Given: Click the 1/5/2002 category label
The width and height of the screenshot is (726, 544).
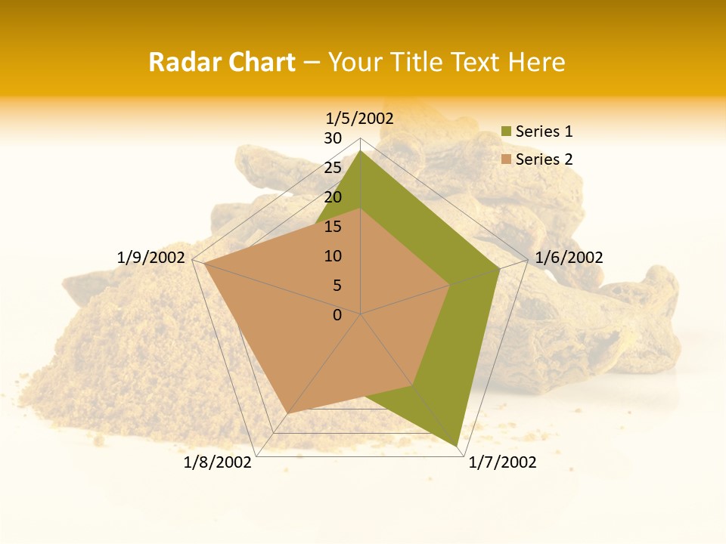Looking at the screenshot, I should pos(360,118).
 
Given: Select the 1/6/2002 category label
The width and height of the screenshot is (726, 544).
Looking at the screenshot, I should pos(569,258).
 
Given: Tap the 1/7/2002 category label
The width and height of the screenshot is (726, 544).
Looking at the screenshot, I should pos(502,462).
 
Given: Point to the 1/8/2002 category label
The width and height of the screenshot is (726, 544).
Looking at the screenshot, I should pos(218,462).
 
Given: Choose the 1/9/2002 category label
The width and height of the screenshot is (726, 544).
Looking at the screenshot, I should pos(151,258).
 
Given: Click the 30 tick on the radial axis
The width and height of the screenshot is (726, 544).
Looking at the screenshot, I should pos(332,138).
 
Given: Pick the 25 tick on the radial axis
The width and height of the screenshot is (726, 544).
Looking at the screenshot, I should pos(332,168).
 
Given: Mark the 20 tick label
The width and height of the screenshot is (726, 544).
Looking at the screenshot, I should pos(332,197).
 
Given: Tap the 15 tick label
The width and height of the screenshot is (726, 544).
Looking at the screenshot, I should pos(332,227).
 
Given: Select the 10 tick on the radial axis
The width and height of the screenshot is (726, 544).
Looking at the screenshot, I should pos(332,256).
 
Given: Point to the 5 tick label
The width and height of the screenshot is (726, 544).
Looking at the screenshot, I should pos(337,286).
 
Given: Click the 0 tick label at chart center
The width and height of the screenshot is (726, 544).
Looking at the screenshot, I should pos(337,315).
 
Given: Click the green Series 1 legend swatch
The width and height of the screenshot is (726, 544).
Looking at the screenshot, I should pos(506,132).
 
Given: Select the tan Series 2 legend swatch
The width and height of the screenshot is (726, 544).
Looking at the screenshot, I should pos(506,159).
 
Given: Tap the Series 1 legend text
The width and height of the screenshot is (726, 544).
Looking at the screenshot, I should pos(544,131).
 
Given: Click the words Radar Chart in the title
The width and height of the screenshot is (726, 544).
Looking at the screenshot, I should pos(222,62).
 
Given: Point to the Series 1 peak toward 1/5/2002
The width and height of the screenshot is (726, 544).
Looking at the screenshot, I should pos(361,151).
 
